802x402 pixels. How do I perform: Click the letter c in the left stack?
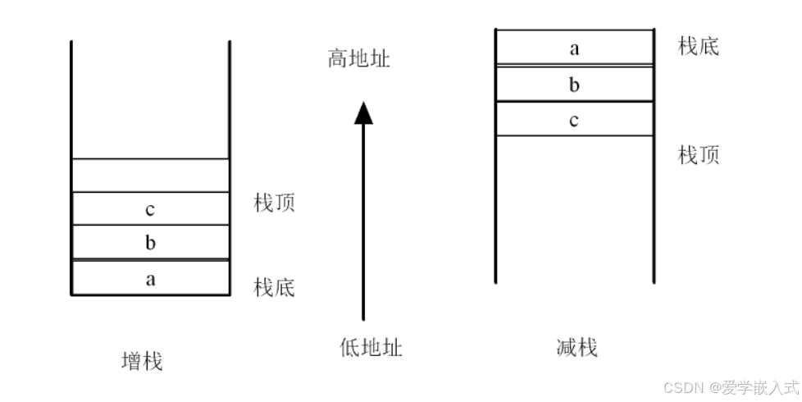149,209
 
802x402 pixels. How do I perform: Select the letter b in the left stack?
150,243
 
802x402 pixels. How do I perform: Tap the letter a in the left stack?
150,279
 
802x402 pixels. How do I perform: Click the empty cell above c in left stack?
150,176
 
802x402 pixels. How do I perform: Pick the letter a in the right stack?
574,48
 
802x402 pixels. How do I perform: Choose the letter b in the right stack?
574,84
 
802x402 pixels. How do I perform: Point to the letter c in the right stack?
574,120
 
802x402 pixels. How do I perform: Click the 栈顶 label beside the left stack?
274,203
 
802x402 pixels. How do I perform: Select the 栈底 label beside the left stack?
274,287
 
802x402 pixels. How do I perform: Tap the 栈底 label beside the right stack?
698,46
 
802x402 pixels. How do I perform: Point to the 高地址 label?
358,59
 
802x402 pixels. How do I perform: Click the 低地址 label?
371,347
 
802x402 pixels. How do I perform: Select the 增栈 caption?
141,360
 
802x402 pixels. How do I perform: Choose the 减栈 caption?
576,347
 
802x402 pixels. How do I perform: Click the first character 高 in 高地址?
338,59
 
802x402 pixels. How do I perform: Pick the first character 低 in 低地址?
349,347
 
